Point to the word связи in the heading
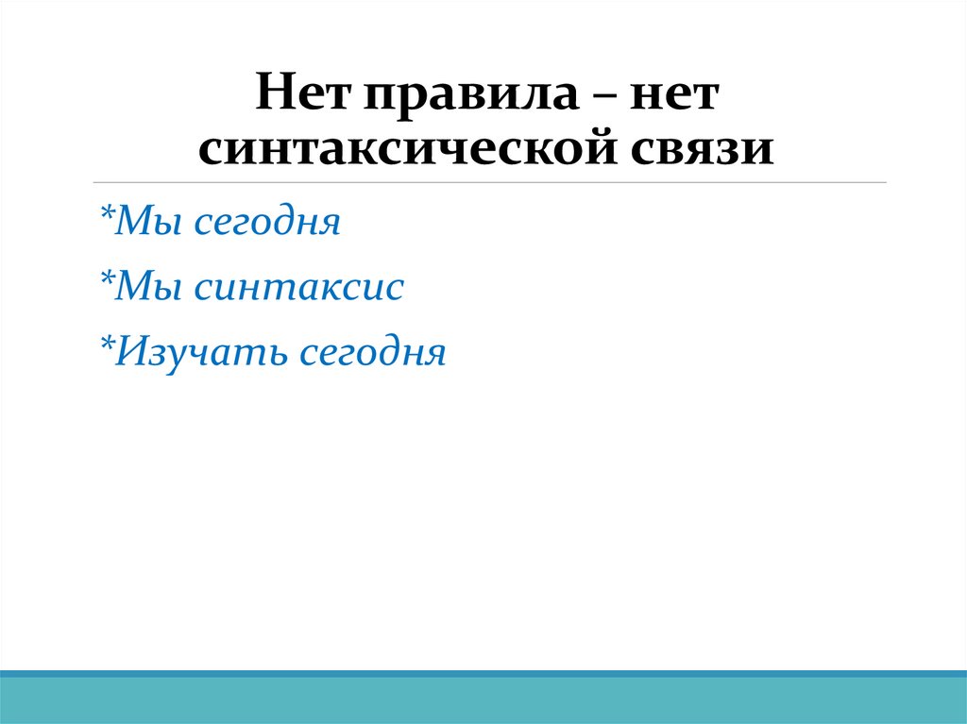pyautogui.click(x=694, y=150)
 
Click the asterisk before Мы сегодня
pyautogui.click(x=106, y=216)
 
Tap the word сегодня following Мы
pyautogui.click(x=266, y=225)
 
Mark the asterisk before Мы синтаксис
pyautogui.click(x=106, y=280)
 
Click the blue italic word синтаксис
pyautogui.click(x=298, y=287)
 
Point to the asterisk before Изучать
pyautogui.click(x=106, y=345)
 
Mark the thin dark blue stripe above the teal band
pyautogui.click(x=483, y=674)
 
